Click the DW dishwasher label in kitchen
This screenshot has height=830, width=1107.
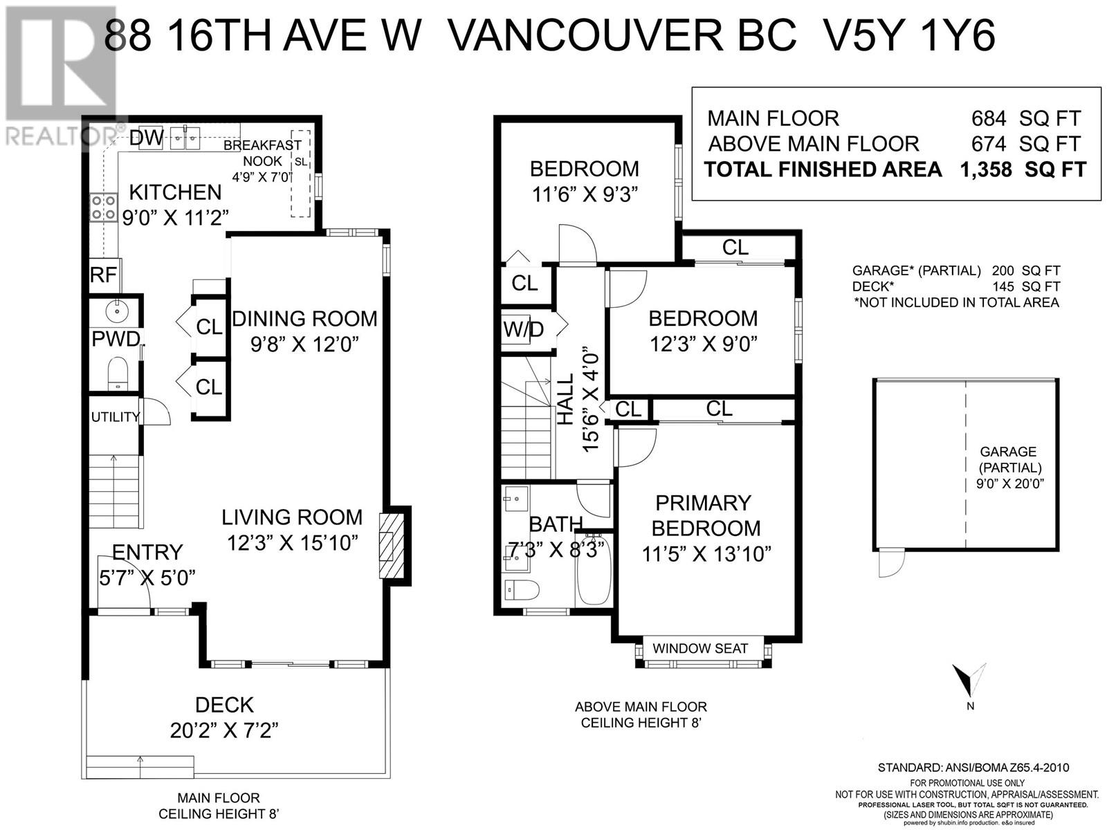coord(146,138)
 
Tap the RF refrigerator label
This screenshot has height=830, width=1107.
coord(103,275)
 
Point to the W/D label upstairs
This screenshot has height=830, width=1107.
coord(523,330)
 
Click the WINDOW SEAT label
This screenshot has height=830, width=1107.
coord(700,649)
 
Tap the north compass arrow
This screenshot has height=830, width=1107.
coord(967,681)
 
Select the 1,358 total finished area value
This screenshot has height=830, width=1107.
coord(985,169)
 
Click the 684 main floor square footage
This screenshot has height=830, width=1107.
coord(988,118)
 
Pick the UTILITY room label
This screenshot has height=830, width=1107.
coord(115,417)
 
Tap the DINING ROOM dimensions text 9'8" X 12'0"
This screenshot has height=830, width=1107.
coord(305,344)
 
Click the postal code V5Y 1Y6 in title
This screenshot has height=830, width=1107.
coord(904,36)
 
